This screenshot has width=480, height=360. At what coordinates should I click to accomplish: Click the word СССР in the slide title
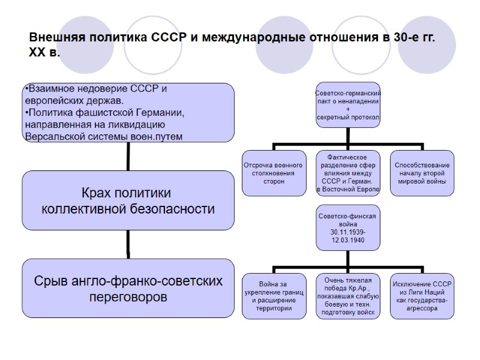(169, 38)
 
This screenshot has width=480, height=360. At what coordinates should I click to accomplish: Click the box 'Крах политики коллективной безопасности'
(128, 201)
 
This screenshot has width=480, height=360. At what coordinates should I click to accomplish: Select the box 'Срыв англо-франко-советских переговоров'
(128, 288)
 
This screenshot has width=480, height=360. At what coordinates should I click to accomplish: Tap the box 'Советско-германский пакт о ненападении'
(348, 105)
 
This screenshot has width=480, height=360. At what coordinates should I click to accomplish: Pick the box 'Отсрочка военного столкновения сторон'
(274, 173)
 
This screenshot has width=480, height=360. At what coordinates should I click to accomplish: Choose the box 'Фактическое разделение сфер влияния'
(348, 173)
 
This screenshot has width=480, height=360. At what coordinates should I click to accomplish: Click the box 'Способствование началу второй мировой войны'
(422, 173)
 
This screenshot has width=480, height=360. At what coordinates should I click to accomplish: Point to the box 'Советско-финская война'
(348, 228)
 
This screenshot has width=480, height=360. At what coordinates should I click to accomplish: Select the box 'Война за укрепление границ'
(274, 296)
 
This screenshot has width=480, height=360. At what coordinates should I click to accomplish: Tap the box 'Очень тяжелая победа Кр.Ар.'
(348, 296)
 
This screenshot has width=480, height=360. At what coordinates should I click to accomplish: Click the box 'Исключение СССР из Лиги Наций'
(422, 296)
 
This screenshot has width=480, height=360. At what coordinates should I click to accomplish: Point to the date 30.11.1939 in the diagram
(348, 232)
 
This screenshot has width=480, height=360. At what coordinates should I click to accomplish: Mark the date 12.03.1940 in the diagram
(348, 240)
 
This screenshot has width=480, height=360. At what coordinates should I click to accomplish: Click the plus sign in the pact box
(348, 109)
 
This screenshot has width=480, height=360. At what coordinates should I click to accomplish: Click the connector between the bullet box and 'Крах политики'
(128, 157)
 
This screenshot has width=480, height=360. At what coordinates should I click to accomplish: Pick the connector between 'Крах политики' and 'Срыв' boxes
(128, 244)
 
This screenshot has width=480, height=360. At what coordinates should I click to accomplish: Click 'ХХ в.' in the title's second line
(45, 53)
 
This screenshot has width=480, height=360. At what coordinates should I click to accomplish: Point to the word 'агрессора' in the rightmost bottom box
(422, 308)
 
